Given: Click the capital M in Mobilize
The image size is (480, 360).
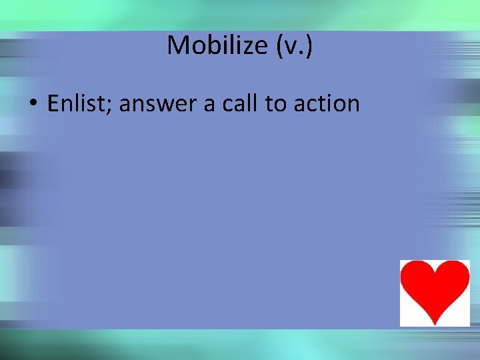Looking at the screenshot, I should [x=178, y=45].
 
